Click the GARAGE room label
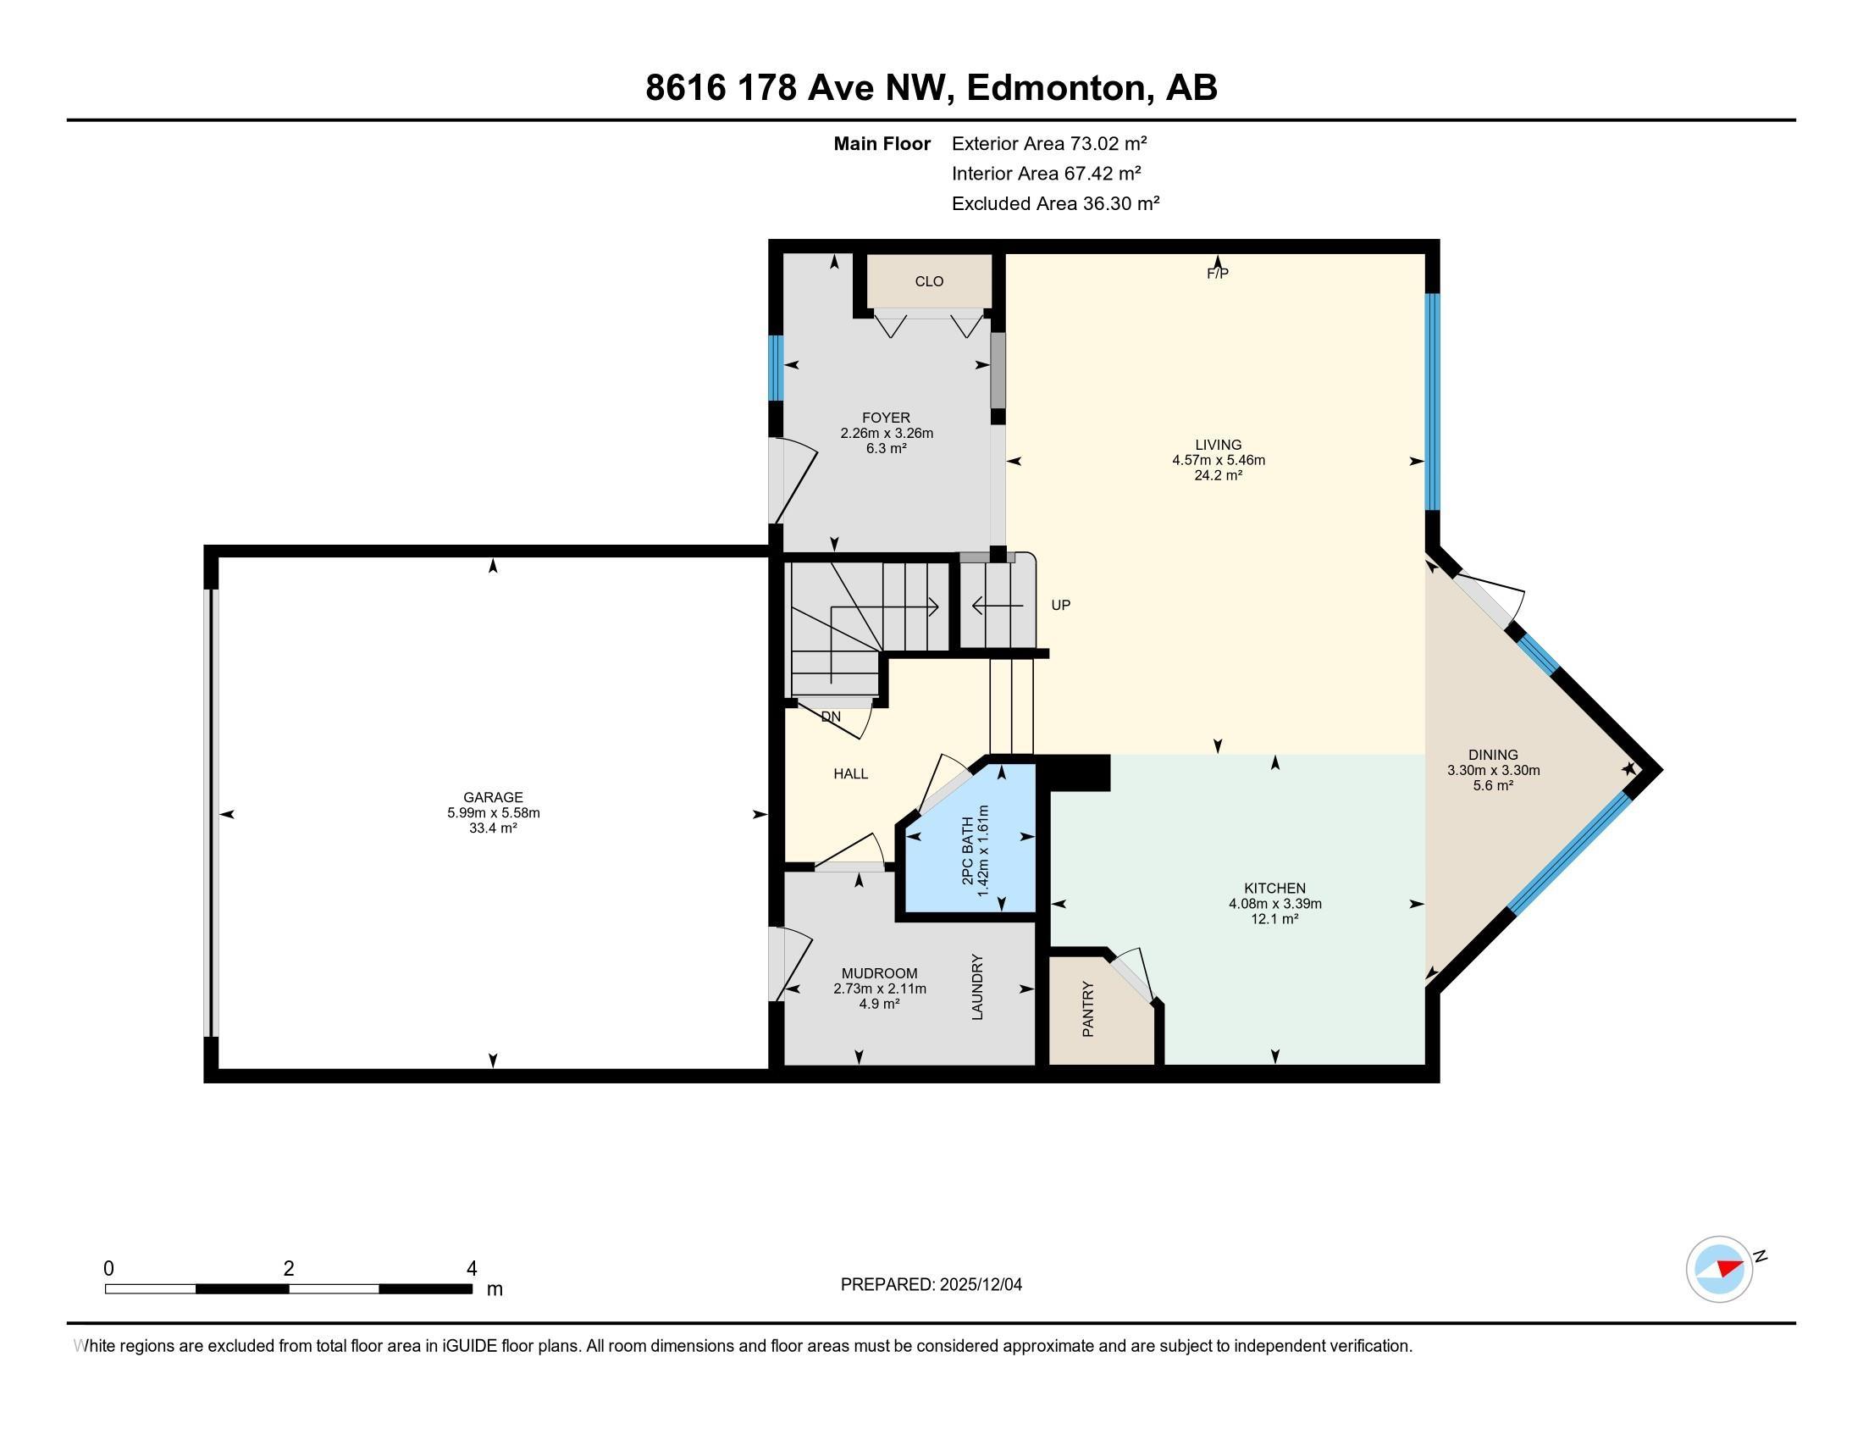coord(492,798)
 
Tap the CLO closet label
coord(929,281)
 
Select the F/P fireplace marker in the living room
coord(1217,274)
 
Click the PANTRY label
coord(1087,1009)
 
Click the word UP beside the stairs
coord(1060,605)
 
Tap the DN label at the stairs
coord(831,717)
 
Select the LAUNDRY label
coord(977,987)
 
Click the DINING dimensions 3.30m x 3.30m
coord(1493,770)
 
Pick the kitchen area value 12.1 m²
coord(1274,919)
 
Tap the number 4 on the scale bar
coord(472,1269)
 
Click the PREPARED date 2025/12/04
coord(980,1285)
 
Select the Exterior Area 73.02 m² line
coord(1048,143)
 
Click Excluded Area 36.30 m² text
coord(1055,203)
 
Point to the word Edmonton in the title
coord(1055,88)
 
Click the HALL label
coord(850,773)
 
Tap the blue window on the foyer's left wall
coord(776,368)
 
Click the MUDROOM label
coord(880,973)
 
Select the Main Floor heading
coord(882,143)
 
